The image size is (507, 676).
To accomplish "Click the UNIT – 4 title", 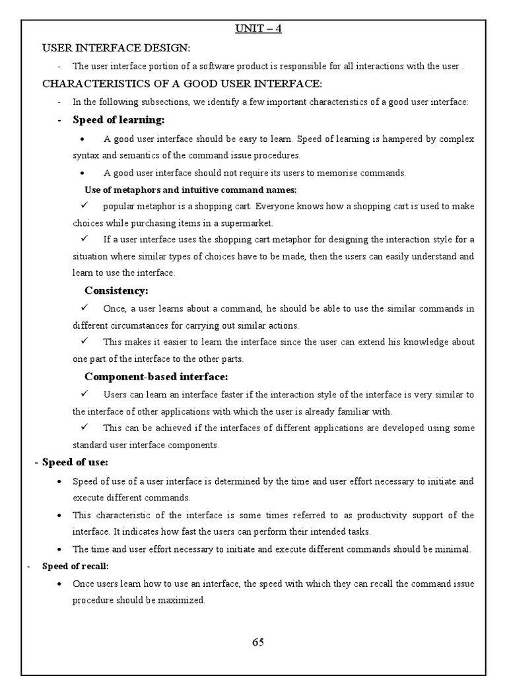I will pyautogui.click(x=258, y=29).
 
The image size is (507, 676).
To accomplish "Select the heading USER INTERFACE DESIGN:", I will pyautogui.click(x=116, y=48).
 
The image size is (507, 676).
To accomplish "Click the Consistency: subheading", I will pyautogui.click(x=116, y=290).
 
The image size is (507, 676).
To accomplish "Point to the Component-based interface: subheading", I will pyautogui.click(x=156, y=376).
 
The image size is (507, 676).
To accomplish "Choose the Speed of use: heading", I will pyautogui.click(x=75, y=462).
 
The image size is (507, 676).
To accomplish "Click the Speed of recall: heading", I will pyautogui.click(x=75, y=566).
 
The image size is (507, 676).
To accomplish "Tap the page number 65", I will pyautogui.click(x=258, y=642).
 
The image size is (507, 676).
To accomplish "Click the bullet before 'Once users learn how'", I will pyautogui.click(x=60, y=584).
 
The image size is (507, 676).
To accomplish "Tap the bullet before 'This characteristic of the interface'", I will pyautogui.click(x=60, y=515).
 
